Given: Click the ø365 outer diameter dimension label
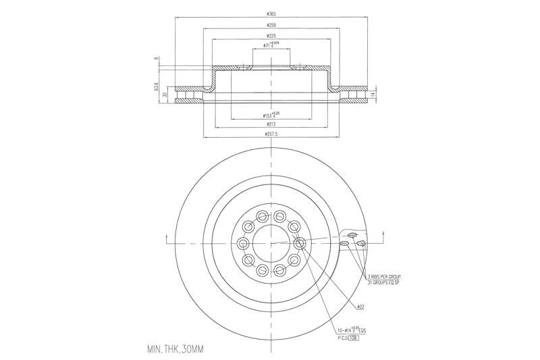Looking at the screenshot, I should (x=271, y=14).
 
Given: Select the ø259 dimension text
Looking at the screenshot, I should (x=271, y=25).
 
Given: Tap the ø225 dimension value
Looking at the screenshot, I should (x=271, y=36).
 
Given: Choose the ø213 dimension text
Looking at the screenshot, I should (x=271, y=124).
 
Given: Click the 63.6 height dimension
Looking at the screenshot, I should (x=155, y=87).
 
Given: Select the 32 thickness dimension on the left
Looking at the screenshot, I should (x=165, y=95).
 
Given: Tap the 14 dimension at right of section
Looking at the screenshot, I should (x=373, y=95).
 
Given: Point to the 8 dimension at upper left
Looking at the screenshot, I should (x=155, y=59).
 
